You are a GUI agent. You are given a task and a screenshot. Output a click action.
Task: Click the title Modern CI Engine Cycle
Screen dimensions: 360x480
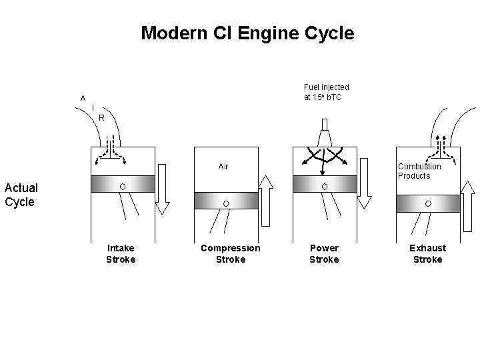point(247,33)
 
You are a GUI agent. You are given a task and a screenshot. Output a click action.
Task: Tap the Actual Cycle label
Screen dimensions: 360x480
point(21,195)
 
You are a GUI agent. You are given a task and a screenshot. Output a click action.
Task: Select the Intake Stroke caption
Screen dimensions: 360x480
point(121,253)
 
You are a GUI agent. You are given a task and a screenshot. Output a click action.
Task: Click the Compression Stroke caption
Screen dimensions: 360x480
point(231,253)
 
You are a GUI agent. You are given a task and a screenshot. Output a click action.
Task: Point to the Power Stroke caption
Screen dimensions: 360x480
point(324,253)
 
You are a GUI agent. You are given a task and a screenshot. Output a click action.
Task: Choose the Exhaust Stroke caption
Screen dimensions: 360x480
point(427,253)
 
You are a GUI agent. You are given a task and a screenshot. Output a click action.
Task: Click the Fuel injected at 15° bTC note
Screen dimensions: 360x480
point(326,92)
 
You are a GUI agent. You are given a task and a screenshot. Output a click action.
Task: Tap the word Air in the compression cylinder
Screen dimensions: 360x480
point(223,166)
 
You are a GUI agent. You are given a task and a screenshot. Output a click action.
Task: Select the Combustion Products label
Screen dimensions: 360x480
point(419,171)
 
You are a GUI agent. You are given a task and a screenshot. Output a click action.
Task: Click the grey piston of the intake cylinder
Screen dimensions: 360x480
point(123,185)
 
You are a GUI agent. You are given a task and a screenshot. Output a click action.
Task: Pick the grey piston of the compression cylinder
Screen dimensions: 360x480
point(226,201)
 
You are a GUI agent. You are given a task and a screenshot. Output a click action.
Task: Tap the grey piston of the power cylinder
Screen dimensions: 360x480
point(324,185)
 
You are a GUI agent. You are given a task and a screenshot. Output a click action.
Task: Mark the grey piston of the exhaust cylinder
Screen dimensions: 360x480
point(428,203)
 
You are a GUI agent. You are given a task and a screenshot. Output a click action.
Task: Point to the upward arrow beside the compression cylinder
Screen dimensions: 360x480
point(265,200)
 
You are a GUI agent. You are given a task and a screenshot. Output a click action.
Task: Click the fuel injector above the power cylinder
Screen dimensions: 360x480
point(324,134)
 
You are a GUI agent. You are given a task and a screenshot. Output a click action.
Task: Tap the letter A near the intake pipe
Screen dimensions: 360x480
point(83,99)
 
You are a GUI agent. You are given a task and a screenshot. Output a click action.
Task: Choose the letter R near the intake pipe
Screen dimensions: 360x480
point(101,118)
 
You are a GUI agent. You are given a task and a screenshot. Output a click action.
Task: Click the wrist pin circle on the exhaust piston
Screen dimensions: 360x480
point(428,203)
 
